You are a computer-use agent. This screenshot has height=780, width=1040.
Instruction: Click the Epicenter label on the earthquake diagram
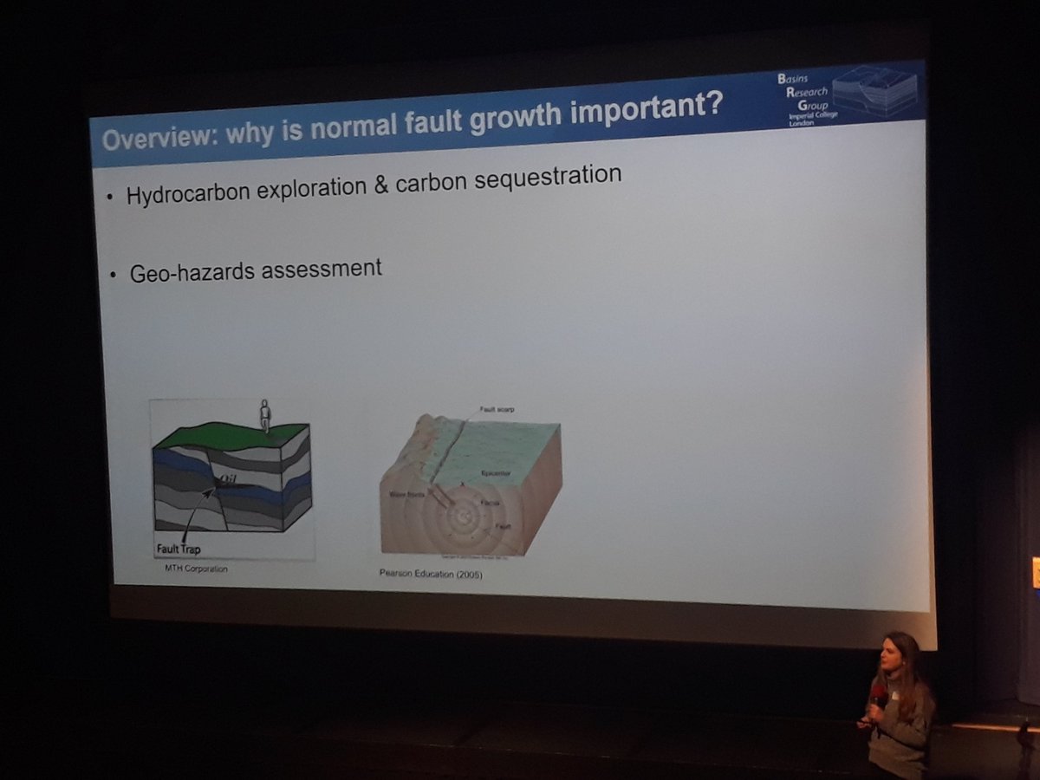pyautogui.click(x=496, y=473)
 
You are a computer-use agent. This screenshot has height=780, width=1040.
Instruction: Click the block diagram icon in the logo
pyautogui.click(x=873, y=88)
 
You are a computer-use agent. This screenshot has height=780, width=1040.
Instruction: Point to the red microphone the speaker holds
pyautogui.click(x=878, y=694)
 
